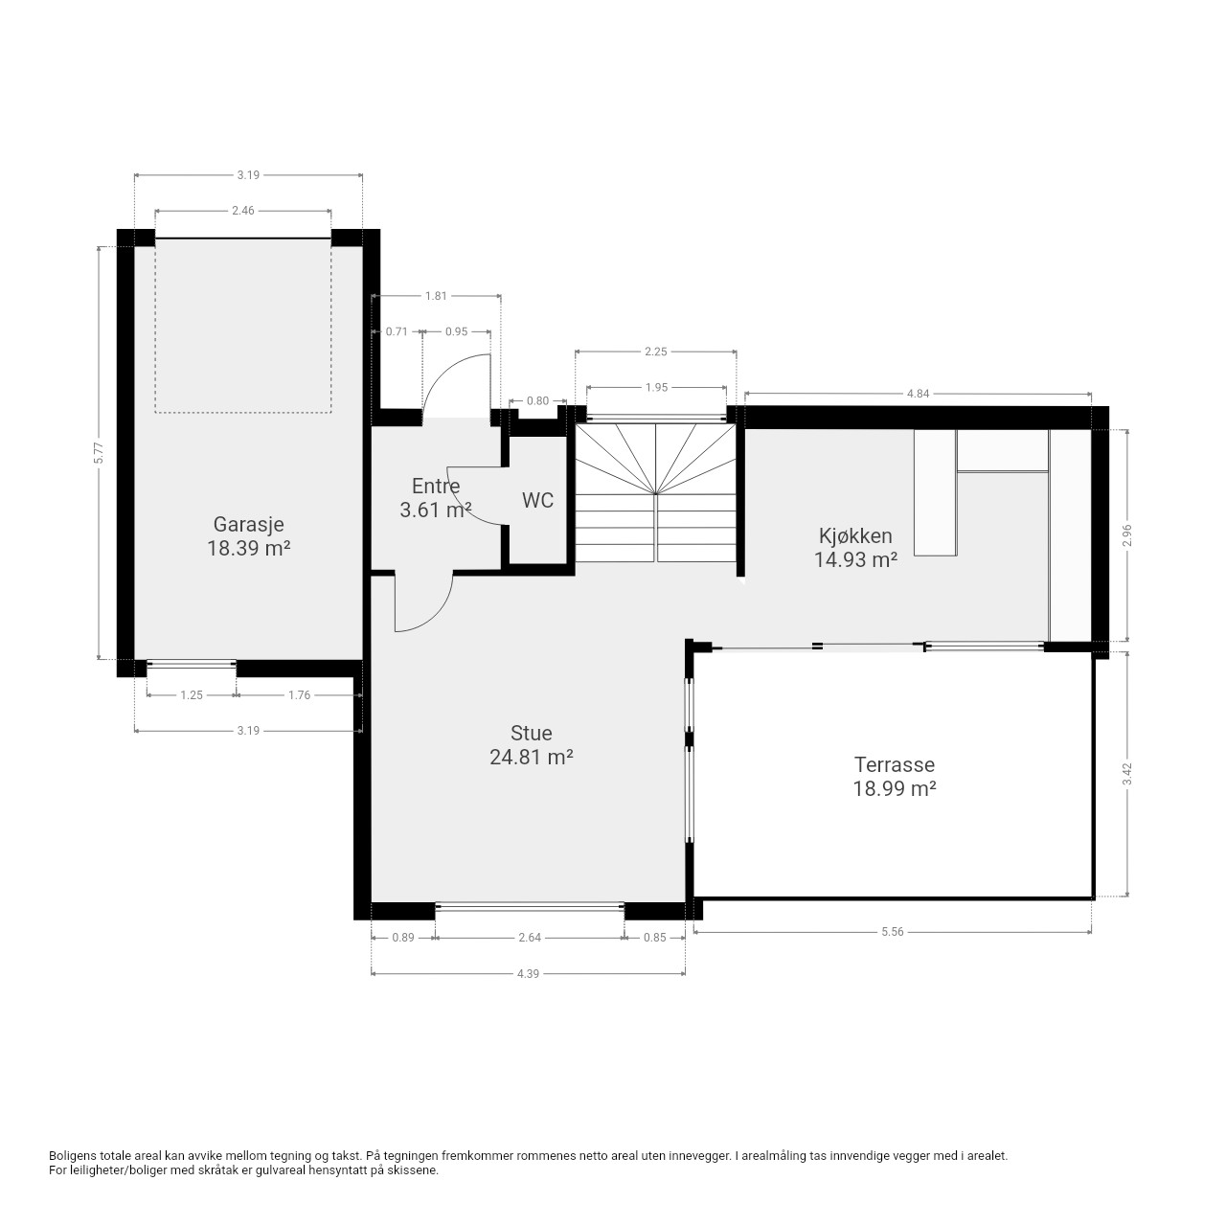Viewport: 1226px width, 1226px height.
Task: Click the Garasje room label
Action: point(248,524)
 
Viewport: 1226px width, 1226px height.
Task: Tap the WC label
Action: point(537,501)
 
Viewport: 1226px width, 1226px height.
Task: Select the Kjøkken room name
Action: point(855,535)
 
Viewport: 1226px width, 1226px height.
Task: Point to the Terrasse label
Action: point(894,764)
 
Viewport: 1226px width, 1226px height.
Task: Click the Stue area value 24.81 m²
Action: point(532,757)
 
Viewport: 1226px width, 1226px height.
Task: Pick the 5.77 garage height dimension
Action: point(98,452)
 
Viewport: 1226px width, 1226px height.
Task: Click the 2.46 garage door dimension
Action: point(243,211)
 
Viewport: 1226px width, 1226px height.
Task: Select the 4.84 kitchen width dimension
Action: point(918,394)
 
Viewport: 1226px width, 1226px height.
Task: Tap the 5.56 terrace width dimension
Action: point(892,931)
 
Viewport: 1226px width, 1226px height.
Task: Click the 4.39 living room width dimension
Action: point(528,973)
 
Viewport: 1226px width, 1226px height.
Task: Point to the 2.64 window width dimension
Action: point(530,937)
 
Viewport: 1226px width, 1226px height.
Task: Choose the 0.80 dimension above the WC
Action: point(537,400)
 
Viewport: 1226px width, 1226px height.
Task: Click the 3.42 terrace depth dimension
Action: point(1127,774)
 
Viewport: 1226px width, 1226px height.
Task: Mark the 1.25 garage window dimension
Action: point(192,695)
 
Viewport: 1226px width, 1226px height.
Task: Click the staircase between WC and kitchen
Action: point(655,493)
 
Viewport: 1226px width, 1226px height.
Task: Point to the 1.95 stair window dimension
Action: point(656,388)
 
